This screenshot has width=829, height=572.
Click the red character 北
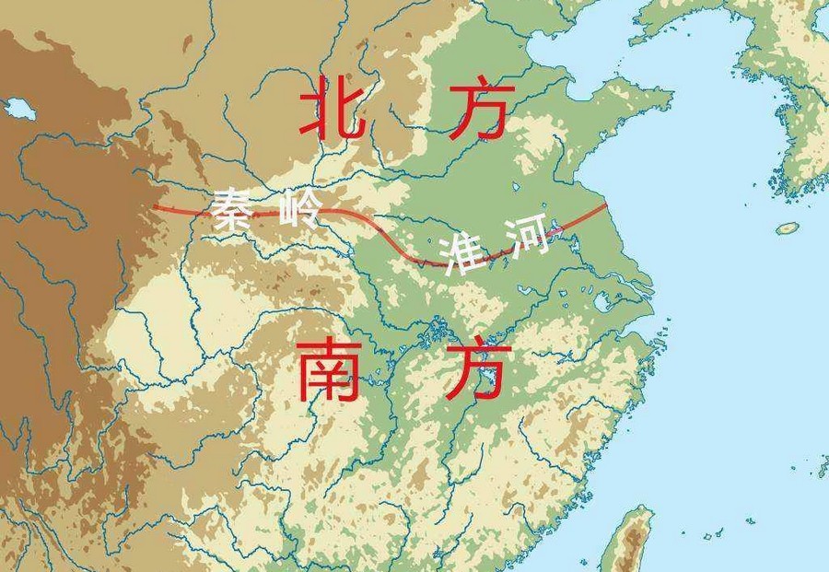[x=329, y=109]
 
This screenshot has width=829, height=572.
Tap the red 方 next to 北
[x=478, y=109]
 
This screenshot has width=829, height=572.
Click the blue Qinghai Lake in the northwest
[x=19, y=109]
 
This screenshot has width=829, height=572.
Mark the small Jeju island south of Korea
[x=787, y=228]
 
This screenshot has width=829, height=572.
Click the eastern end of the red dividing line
[x=606, y=205]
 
